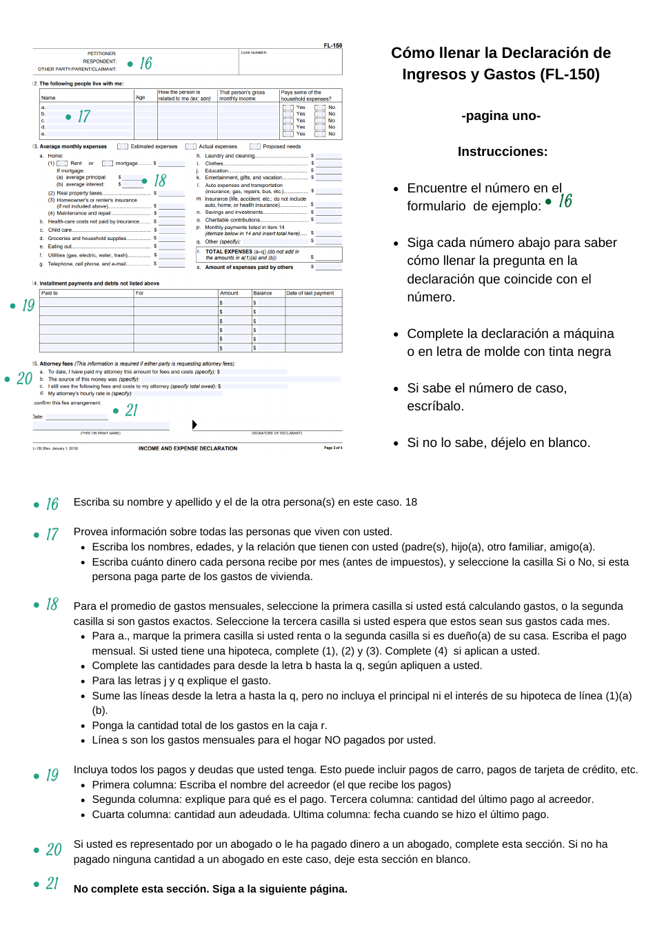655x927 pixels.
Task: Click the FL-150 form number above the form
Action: [332, 46]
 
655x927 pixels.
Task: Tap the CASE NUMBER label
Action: [253, 52]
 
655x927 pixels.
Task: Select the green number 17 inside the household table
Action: [83, 117]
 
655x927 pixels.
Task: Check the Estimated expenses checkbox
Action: [123, 146]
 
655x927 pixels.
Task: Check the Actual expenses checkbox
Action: [191, 146]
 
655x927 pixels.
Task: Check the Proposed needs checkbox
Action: [255, 146]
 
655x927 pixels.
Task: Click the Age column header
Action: [141, 97]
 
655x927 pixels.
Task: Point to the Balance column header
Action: [263, 293]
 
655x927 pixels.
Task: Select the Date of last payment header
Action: [310, 293]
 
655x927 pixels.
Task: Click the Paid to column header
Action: [50, 293]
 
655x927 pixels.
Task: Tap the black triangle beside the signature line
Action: [194, 425]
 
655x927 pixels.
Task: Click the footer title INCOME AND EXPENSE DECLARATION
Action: [188, 448]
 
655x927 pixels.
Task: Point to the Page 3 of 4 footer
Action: [333, 448]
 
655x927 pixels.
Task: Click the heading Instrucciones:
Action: [502, 152]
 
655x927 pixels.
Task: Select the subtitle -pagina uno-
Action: [501, 116]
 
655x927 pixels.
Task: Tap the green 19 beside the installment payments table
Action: [28, 305]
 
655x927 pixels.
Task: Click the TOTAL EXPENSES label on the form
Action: [229, 252]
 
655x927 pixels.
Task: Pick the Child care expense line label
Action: [60, 230]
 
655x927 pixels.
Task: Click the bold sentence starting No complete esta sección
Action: [210, 889]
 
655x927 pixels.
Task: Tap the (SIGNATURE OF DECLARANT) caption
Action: [276, 433]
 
